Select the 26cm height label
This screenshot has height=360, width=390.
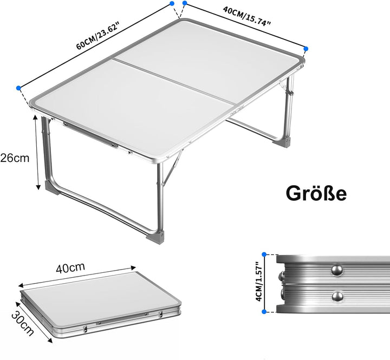coord(15,158)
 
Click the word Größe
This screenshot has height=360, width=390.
coord(316,193)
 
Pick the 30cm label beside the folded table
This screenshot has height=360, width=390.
coord(23,324)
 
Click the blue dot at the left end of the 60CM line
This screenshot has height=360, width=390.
coord(19,87)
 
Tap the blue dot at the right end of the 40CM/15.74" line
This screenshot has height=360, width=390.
coord(306,49)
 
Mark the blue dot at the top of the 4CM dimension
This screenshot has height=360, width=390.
coord(264,253)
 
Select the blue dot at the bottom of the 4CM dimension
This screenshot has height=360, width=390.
coord(264,311)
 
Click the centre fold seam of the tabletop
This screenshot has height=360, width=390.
coord(173,79)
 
